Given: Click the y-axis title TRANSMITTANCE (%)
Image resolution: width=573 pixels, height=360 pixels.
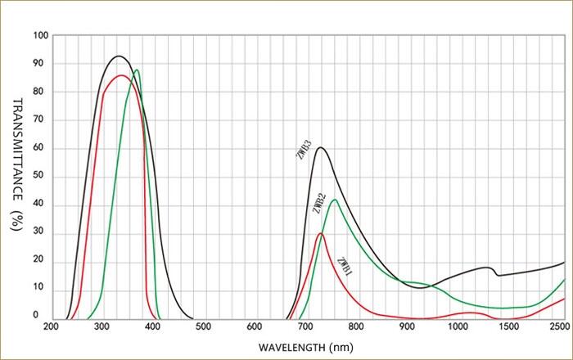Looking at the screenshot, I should pos(18,164).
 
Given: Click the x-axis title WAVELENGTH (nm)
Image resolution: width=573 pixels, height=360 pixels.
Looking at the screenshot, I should pos(306,347).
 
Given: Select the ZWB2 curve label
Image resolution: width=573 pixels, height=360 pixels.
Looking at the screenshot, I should pos(318,202).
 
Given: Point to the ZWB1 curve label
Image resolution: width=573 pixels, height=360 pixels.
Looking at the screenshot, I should pos(344,265).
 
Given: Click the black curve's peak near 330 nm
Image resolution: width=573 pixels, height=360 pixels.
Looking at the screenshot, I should pos(119,56).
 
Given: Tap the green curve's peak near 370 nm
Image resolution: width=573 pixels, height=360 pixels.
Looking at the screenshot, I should pos(137,70).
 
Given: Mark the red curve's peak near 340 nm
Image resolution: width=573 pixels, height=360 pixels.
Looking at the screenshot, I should pos(121,75).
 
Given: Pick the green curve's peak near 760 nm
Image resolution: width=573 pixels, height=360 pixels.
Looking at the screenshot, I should pos(334,200).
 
